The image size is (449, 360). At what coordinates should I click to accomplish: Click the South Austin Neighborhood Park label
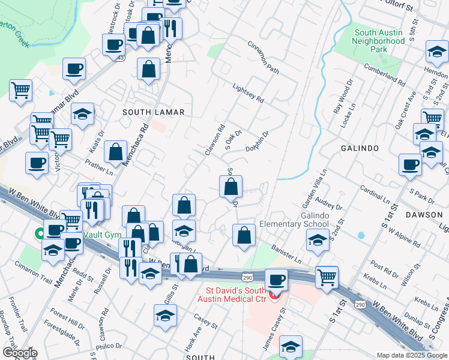379,41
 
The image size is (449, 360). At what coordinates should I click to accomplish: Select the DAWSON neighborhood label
424,214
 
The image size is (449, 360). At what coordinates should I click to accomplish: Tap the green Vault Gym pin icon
40,233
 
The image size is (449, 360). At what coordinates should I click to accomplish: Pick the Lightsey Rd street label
248,94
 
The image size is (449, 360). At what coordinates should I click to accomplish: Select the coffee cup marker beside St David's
277,280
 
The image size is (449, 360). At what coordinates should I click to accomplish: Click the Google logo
19,353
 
